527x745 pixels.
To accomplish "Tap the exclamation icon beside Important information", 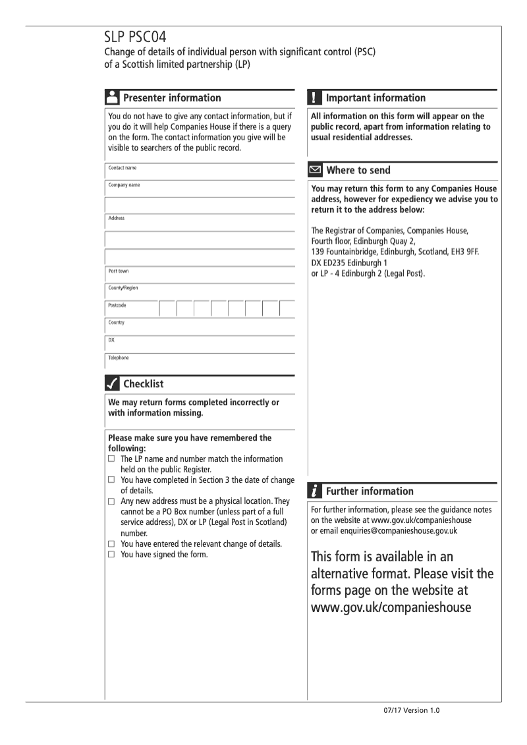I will [x=314, y=97].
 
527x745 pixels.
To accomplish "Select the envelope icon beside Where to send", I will [x=315, y=170].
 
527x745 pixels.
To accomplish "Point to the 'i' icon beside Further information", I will [x=314, y=491].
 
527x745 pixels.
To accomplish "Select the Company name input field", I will [x=204, y=188].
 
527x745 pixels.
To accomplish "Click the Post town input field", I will [x=204, y=274].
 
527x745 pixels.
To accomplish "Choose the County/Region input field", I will [x=204, y=291].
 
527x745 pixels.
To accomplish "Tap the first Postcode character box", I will [x=167, y=309].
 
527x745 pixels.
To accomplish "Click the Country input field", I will [x=204, y=326].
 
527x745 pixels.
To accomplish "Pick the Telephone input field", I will [x=204, y=361].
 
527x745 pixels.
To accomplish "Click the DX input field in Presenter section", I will [x=204, y=344].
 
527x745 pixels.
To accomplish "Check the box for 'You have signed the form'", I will [x=111, y=554].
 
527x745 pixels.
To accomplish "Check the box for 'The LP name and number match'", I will [x=111, y=459].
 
